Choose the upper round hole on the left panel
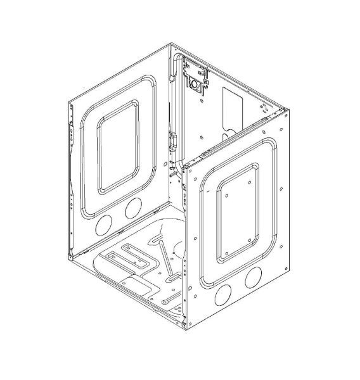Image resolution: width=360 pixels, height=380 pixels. (x=133, y=207)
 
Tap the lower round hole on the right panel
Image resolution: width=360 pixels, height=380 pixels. (x=223, y=294)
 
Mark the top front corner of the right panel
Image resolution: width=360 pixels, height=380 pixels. (x=184, y=167)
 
